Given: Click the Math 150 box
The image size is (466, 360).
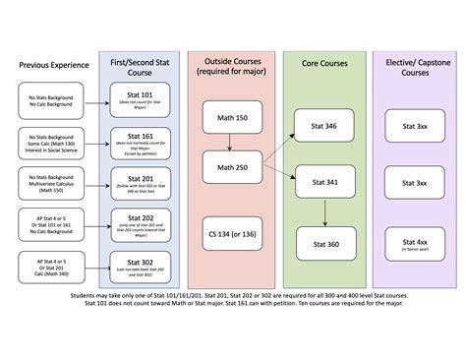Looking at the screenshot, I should [227, 119].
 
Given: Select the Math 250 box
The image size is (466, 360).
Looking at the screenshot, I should [227, 167].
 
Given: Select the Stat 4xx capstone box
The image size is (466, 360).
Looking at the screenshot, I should [408, 243].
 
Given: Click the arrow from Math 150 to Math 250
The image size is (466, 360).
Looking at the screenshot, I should [227, 144].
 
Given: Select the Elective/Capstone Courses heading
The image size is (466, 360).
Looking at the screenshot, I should [408, 66].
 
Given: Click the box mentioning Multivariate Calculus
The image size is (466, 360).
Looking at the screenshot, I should [53, 183].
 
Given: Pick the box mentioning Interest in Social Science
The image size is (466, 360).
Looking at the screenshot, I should [53, 142].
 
